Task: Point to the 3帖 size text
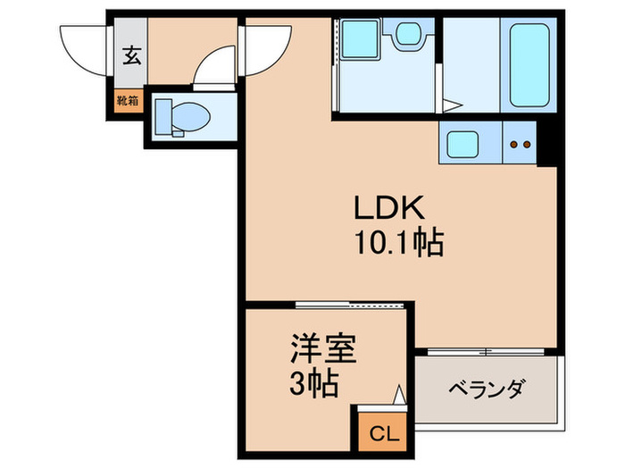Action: point(313,385)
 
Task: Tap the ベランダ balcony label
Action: point(486,390)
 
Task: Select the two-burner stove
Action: point(520,142)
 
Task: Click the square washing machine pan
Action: point(362,41)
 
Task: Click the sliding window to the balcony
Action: point(486,348)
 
